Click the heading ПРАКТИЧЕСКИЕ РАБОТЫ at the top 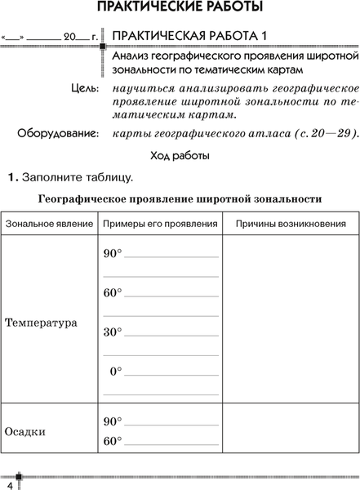click(180, 9)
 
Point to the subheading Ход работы click(180, 155)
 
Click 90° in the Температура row click(112, 254)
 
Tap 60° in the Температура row click(112, 293)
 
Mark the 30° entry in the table click(112, 332)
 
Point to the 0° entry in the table click(115, 372)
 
